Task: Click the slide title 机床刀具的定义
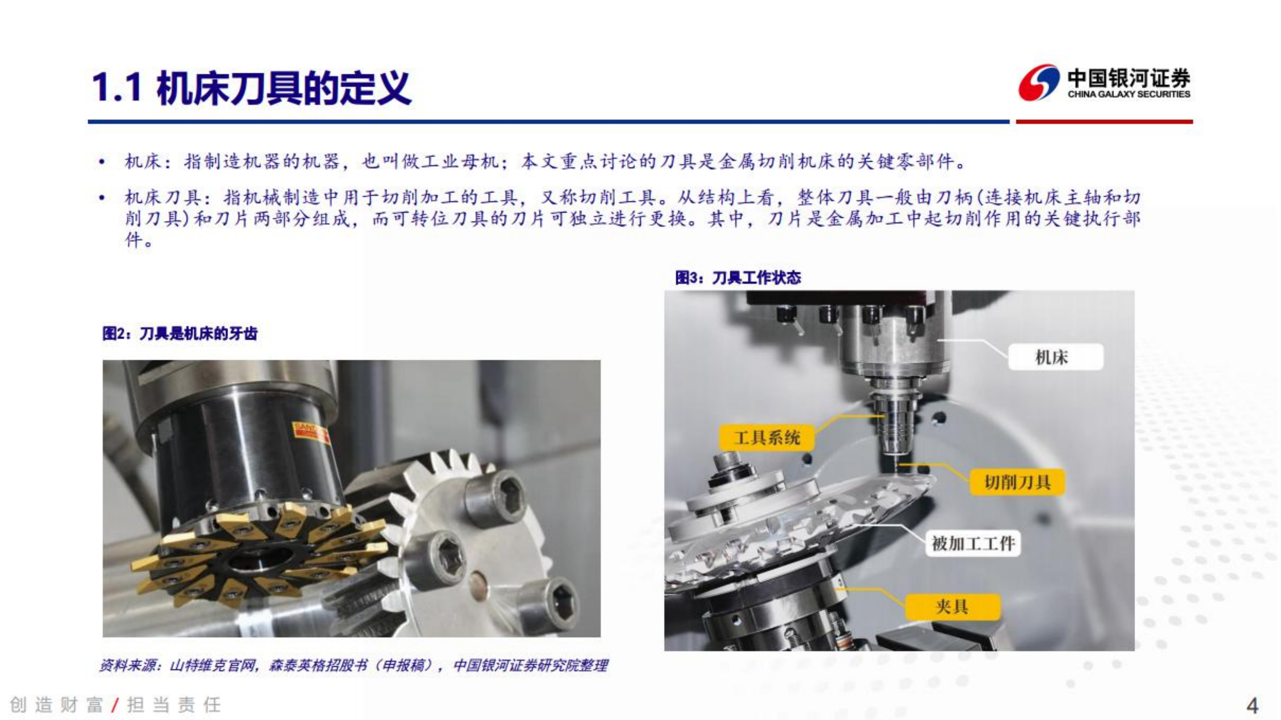(x=283, y=89)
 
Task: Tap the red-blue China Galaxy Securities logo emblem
(x=1038, y=83)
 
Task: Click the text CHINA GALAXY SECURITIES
(x=1129, y=94)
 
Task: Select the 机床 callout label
(x=1055, y=357)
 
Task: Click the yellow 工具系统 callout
(x=766, y=438)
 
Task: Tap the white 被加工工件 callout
(x=973, y=543)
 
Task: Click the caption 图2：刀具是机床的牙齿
(x=180, y=334)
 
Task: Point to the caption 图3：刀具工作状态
(x=738, y=278)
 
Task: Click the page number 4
(x=1252, y=705)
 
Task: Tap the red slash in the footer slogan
(x=115, y=705)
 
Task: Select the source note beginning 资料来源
(x=353, y=665)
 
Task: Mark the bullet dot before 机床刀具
(x=102, y=198)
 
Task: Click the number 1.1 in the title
(x=117, y=89)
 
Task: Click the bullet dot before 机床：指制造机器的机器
(x=102, y=162)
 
